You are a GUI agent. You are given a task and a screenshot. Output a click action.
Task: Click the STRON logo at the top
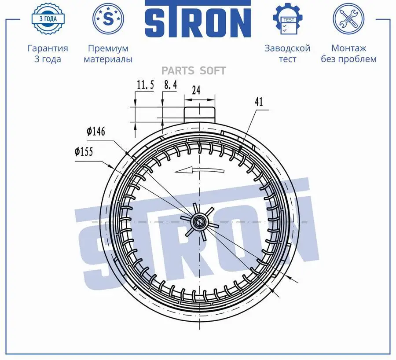(198, 20)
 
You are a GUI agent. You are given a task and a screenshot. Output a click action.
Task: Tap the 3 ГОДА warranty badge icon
(48, 18)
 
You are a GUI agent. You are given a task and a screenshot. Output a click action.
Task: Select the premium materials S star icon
(108, 18)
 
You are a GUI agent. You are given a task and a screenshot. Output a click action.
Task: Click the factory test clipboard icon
(287, 19)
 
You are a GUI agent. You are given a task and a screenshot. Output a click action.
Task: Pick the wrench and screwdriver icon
(348, 19)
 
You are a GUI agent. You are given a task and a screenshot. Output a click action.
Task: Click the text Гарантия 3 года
(48, 54)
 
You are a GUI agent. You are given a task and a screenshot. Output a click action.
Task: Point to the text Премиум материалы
(108, 54)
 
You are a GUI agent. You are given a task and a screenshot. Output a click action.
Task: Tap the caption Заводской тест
(287, 54)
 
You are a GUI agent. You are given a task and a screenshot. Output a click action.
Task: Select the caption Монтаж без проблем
(348, 54)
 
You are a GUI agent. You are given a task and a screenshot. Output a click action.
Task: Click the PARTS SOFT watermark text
(194, 71)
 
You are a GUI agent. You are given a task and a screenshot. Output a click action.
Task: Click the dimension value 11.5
(145, 85)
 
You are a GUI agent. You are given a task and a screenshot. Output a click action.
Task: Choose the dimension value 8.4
(170, 85)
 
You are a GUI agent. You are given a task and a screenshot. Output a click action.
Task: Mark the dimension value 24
(196, 90)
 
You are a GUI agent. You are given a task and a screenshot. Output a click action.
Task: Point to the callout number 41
(258, 102)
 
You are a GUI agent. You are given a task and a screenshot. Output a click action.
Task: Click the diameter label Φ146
(96, 131)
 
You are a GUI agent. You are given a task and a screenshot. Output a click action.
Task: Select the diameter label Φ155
(84, 152)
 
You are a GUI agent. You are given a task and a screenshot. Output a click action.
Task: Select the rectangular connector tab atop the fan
(200, 114)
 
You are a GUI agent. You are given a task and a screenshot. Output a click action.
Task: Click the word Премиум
(108, 48)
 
